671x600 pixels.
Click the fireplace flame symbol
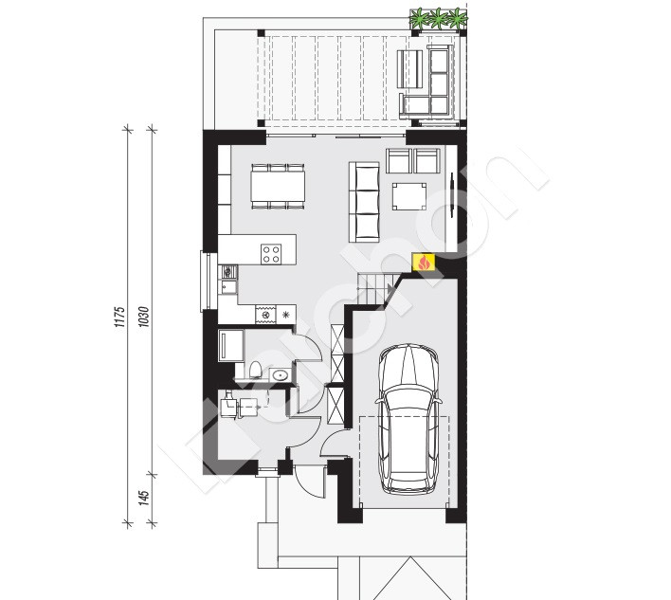tap(424, 262)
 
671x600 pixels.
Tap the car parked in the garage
tap(408, 419)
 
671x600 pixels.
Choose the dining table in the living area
tap(278, 186)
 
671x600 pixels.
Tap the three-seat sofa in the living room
tap(364, 202)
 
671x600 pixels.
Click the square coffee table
tap(409, 196)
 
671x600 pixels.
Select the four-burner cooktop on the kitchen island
tap(271, 254)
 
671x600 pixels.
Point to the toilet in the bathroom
tap(255, 370)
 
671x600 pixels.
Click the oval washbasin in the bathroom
tap(280, 375)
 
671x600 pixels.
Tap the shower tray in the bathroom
tap(231, 345)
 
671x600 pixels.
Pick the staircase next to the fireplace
tap(375, 290)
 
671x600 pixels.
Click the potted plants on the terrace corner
tap(438, 19)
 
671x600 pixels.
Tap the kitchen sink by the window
tap(228, 287)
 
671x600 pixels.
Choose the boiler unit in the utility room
tap(228, 406)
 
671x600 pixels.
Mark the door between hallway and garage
tap(335, 444)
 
